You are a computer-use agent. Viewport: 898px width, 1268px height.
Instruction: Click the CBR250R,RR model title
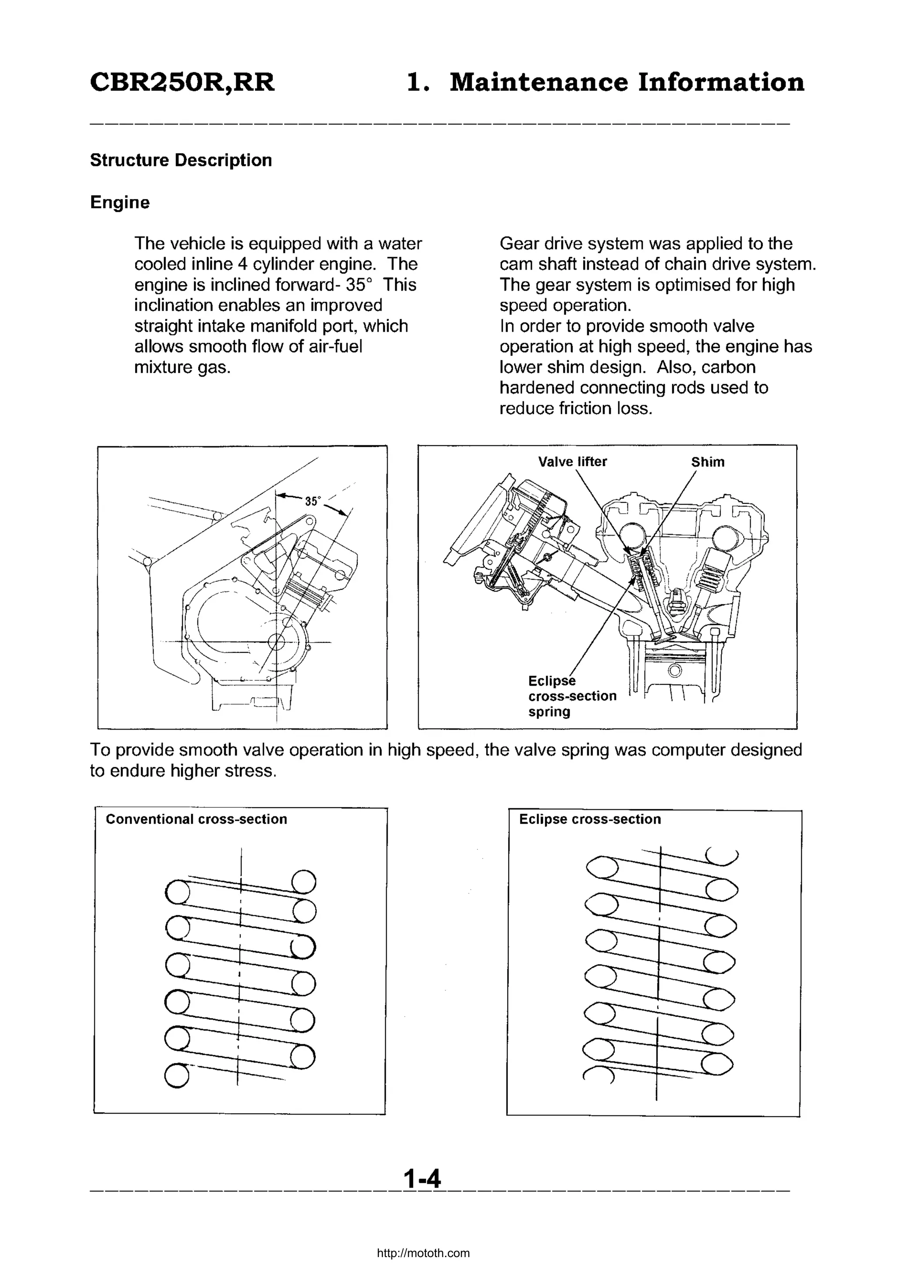182,83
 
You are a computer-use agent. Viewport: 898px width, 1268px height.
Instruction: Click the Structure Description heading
181,160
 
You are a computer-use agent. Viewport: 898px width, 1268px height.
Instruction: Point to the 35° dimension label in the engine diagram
313,501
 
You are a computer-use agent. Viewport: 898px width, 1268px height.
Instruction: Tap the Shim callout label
707,462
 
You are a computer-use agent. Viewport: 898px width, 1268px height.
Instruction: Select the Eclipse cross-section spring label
571,696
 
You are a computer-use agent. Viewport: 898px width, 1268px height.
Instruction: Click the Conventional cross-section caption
196,819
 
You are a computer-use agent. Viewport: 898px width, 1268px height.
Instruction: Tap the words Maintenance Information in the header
627,83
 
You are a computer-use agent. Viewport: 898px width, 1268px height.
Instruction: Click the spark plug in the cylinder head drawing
676,600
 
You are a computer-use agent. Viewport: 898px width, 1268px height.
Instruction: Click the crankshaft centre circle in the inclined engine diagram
275,642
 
